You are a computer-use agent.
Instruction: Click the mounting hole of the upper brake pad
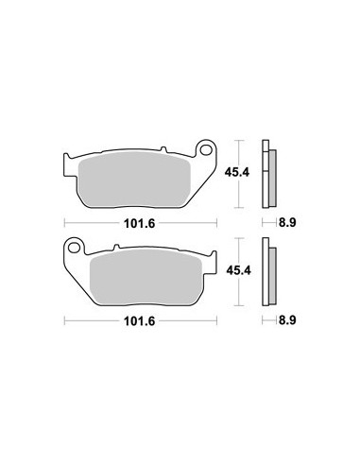click(206, 150)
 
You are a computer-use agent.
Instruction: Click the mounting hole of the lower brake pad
click(75, 248)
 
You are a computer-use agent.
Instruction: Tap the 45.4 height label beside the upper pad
click(237, 172)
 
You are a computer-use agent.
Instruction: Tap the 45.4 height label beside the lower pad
click(238, 270)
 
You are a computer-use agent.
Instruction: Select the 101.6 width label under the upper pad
click(140, 223)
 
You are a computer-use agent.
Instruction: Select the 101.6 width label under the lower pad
click(140, 321)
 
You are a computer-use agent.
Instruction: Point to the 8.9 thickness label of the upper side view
click(287, 223)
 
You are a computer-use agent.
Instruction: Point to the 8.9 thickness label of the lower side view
click(287, 320)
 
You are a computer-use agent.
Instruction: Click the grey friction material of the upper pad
click(134, 181)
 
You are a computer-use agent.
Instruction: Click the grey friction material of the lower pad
click(146, 278)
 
